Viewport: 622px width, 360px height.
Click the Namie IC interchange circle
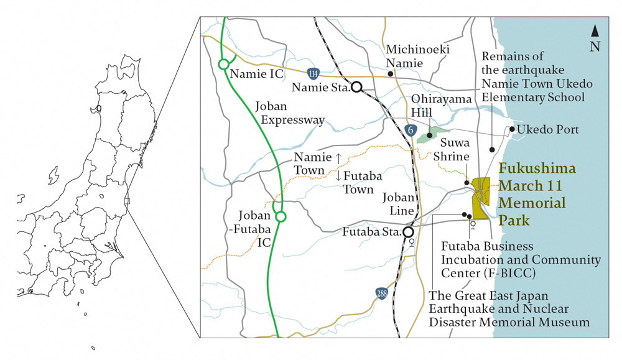pyautogui.click(x=224, y=64)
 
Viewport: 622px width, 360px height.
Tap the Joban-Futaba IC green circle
pyautogui.click(x=281, y=217)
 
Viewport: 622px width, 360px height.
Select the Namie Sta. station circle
pyautogui.click(x=356, y=87)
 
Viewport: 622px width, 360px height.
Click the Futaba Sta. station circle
pyautogui.click(x=409, y=232)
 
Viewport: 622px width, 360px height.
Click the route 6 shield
pyautogui.click(x=410, y=130)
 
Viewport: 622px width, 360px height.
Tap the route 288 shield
pyautogui.click(x=381, y=293)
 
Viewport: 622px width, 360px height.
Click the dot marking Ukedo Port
pyautogui.click(x=512, y=129)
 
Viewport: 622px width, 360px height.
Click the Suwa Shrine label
pyautogui.click(x=455, y=150)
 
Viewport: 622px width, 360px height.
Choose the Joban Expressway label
pyautogui.click(x=290, y=113)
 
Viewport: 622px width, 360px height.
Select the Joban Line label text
pyautogui.click(x=398, y=203)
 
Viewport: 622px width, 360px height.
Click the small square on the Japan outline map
pyautogui.click(x=127, y=201)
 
